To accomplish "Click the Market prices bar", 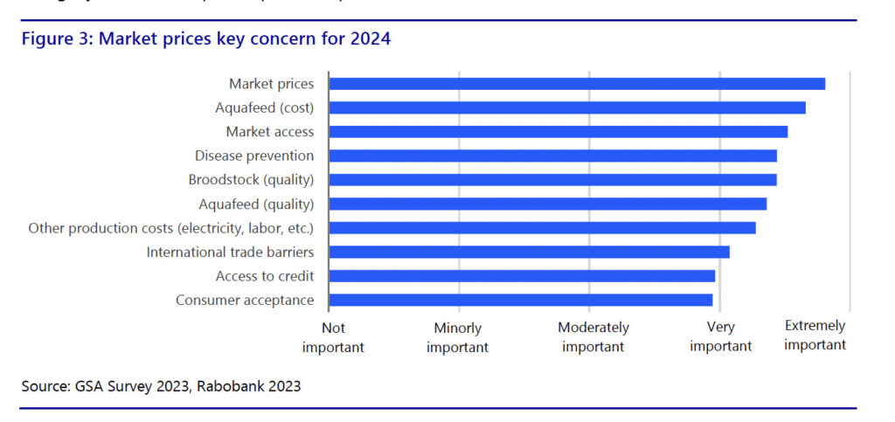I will click(x=577, y=84).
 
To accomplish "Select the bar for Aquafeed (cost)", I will click(x=566, y=107).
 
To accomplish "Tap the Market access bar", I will click(x=558, y=132).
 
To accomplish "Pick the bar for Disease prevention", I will click(x=552, y=156).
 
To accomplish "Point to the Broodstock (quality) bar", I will click(x=552, y=180).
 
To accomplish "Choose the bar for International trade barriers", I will click(x=529, y=252).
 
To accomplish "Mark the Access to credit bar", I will click(x=522, y=276).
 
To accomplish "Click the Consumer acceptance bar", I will click(x=520, y=300).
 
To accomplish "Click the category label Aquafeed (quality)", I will click(x=256, y=204).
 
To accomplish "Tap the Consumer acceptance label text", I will click(x=245, y=300).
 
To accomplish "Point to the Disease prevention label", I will click(x=254, y=156).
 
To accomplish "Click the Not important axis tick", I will click(x=333, y=337).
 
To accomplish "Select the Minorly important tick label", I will click(x=458, y=337).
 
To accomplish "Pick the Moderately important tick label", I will click(x=593, y=336).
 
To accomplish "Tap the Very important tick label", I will click(x=721, y=336).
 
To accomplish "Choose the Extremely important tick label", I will click(x=815, y=335).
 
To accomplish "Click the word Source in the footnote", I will click(x=45, y=385).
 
